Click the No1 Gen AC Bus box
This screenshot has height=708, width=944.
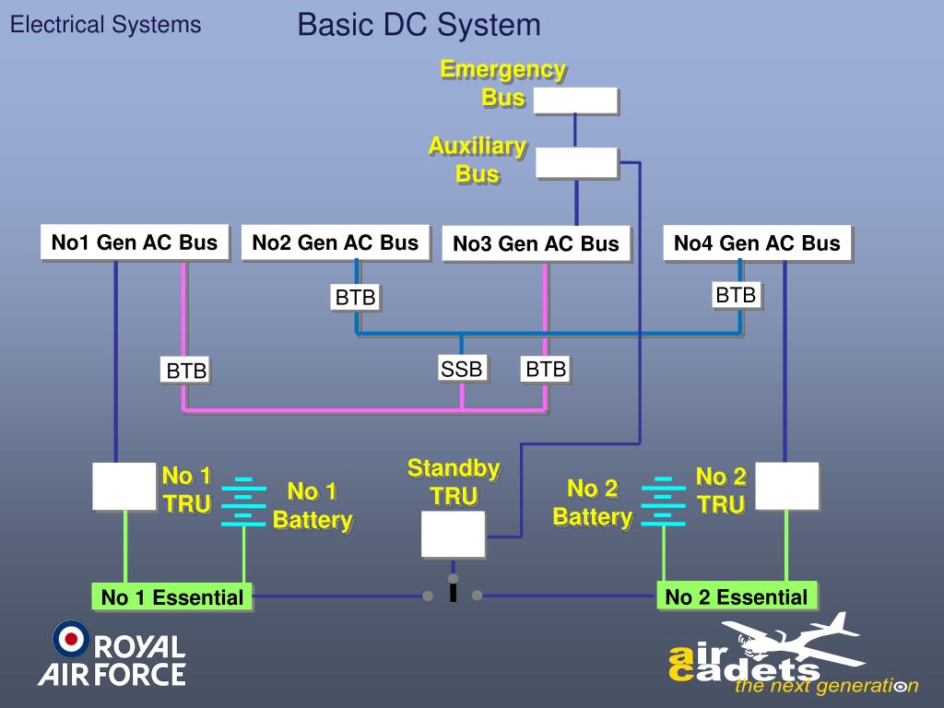[134, 242]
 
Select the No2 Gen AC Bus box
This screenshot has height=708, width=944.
[335, 242]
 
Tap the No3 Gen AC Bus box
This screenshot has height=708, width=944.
[536, 244]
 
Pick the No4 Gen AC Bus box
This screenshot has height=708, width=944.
[757, 243]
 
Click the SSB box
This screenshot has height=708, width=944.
[461, 369]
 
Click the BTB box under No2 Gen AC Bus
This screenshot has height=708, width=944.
[355, 297]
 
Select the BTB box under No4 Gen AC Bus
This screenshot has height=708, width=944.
[736, 295]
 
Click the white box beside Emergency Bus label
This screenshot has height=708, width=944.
[574, 100]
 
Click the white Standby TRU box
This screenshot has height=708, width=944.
[453, 534]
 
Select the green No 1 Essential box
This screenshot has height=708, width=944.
[171, 597]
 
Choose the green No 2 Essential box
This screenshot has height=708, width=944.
[736, 596]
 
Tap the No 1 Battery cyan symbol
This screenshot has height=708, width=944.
[243, 501]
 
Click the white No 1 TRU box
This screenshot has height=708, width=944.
[124, 486]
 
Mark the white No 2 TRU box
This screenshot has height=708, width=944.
[786, 486]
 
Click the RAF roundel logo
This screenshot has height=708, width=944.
[70, 638]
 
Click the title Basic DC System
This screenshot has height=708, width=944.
[419, 25]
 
